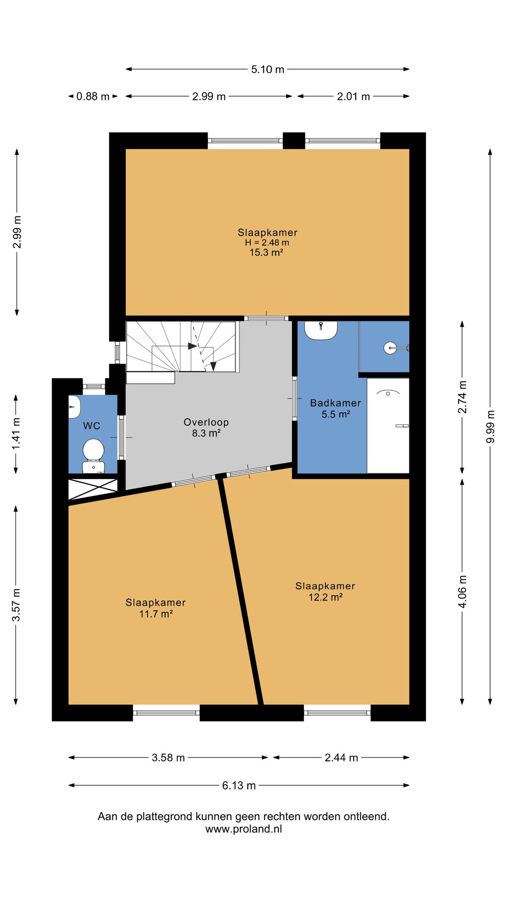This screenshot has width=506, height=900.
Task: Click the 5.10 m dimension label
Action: point(268,69)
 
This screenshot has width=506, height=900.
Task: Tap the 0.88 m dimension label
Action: point(93,97)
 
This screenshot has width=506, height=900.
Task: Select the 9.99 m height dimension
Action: point(491,427)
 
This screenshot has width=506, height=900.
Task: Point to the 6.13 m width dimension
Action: point(239,786)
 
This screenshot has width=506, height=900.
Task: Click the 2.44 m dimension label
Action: point(341,757)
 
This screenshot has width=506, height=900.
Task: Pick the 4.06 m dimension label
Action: point(462,592)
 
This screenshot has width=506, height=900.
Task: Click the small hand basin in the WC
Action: point(74,407)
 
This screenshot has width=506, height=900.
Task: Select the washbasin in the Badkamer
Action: point(321,330)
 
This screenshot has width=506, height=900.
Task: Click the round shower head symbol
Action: point(391,347)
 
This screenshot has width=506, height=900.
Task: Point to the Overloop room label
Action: point(206,422)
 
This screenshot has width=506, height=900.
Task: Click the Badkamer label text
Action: point(335,403)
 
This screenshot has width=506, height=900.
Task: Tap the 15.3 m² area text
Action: point(266,253)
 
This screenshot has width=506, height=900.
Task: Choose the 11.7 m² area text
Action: point(156,614)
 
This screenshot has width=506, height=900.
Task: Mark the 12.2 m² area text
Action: point(326,597)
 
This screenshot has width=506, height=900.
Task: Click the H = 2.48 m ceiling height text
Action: point(267,243)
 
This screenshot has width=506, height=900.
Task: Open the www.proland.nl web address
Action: point(244,829)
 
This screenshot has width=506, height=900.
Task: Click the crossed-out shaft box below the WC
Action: point(93,489)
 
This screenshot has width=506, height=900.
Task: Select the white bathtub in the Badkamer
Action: point(388,426)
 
